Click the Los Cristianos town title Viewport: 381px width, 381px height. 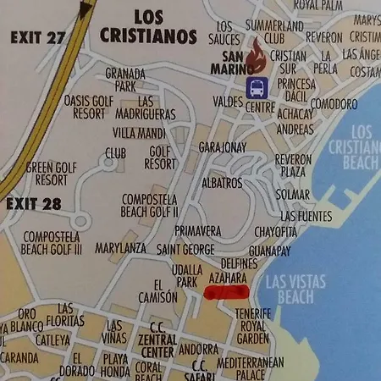tap(148, 27)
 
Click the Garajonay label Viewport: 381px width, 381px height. tap(222, 146)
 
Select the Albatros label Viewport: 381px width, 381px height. tap(223, 183)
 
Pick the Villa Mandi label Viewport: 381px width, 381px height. tap(138, 133)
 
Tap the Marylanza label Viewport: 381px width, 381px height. tap(121, 249)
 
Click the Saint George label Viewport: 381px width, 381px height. tap(185, 249)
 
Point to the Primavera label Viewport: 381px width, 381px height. tap(198, 230)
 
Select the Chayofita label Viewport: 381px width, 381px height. tap(276, 231)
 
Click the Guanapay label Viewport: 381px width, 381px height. tap(270, 251)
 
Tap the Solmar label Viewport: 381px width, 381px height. tap(293, 194)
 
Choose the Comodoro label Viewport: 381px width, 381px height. tap(334, 103)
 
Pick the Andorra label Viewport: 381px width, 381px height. tap(200, 348)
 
